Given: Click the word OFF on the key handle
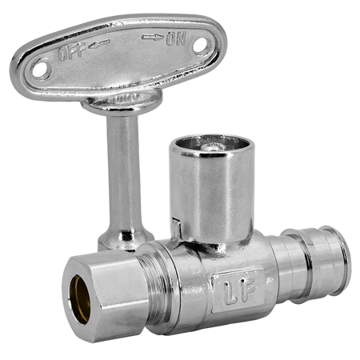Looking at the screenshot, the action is [x=72, y=52].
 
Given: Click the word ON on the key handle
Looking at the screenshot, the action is [x=175, y=38].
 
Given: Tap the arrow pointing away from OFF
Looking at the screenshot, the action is [x=99, y=44].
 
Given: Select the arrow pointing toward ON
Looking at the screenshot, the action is [x=152, y=37].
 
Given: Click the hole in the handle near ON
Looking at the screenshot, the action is [x=201, y=45].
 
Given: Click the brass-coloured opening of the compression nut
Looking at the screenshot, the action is [x=80, y=299].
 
